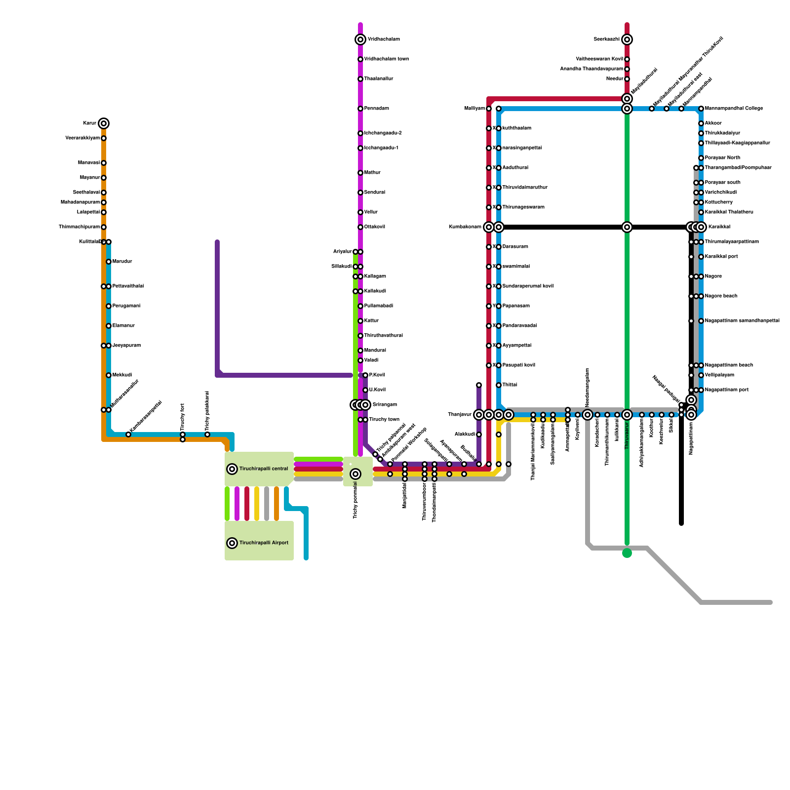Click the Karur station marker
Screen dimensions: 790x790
(x=104, y=123)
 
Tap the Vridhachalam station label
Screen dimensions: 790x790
(x=384, y=39)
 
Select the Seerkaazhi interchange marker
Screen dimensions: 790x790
(x=627, y=39)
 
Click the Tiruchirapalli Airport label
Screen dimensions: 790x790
(x=264, y=543)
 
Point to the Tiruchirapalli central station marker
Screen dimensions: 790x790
(x=232, y=469)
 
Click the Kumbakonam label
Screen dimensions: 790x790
(x=465, y=227)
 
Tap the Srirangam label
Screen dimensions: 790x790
(x=385, y=405)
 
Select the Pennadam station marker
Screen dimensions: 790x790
(x=360, y=109)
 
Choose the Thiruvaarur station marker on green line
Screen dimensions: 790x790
(x=627, y=415)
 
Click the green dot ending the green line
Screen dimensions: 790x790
(x=627, y=553)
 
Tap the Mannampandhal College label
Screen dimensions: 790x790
(x=734, y=109)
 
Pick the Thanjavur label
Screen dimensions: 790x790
(x=460, y=415)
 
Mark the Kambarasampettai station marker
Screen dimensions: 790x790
(x=128, y=434)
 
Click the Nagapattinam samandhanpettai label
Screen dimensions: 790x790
(x=742, y=321)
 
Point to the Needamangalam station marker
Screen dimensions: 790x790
(x=588, y=415)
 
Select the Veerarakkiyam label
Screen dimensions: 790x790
(x=82, y=138)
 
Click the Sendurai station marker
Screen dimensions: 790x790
(x=360, y=193)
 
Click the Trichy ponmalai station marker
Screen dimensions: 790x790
(x=355, y=474)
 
